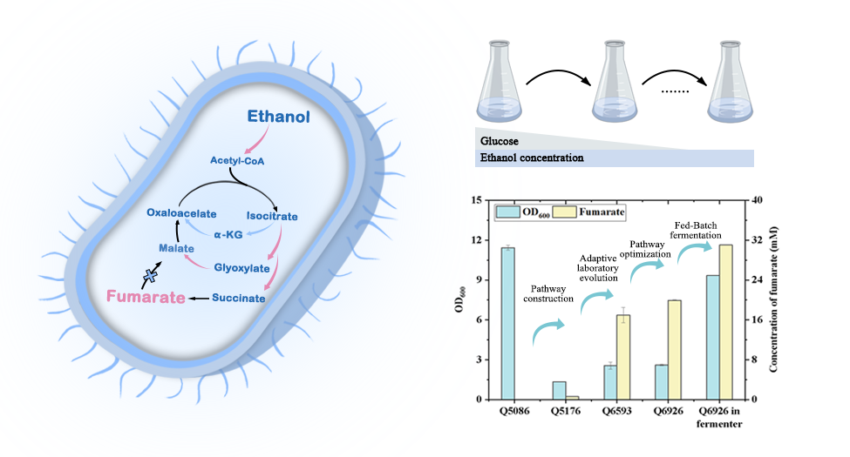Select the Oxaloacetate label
(x=178, y=212)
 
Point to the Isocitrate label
(x=273, y=216)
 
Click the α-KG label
(x=229, y=233)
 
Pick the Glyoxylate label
(x=241, y=268)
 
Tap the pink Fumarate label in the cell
(x=146, y=298)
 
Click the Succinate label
(x=238, y=298)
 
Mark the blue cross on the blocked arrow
(x=150, y=276)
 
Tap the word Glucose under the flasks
(x=499, y=139)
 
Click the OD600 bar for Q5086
(x=507, y=323)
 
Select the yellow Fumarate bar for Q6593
(x=623, y=357)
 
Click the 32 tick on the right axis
(x=755, y=240)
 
